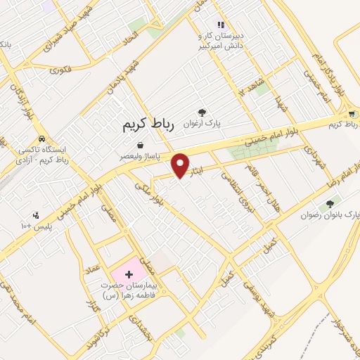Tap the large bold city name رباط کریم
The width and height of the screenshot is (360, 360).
[146, 125]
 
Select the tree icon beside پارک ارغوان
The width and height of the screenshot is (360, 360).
[202, 112]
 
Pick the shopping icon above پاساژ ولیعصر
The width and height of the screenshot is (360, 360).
[140, 145]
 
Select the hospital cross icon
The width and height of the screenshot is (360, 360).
[128, 273]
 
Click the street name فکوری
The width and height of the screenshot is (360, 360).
[61, 69]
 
